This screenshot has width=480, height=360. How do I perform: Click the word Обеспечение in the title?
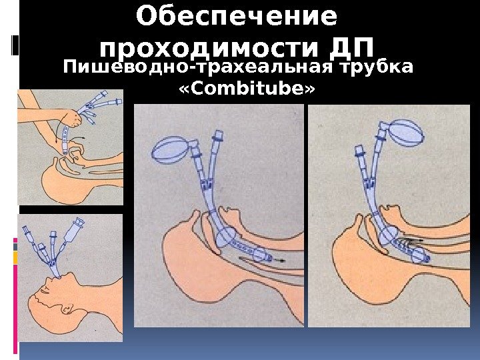coord(237,16)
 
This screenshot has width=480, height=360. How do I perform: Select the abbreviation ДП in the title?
coord(352,48)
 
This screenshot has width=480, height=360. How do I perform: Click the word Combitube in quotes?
coord(247,89)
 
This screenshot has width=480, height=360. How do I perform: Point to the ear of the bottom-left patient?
coord(67,307)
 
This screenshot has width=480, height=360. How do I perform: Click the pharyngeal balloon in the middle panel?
coord(225,237)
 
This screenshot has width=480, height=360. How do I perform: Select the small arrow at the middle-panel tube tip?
coord(279,261)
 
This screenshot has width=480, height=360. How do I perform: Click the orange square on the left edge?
coord(15,258)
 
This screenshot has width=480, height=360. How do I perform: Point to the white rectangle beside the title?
coord(15,45)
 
